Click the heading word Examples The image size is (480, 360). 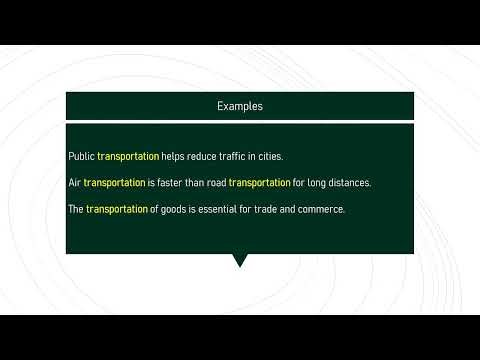pos(240,105)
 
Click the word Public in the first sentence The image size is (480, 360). pos(81,157)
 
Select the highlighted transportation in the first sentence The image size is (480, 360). pos(128,157)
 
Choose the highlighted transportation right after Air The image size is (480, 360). pos(114,183)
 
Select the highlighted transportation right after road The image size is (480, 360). pos(259,183)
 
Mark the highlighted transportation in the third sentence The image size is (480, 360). pos(117,209)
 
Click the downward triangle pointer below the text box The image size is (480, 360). pos(239,261)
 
